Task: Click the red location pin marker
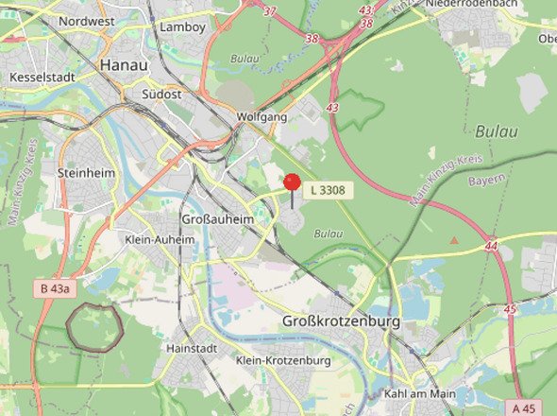pyautogui.click(x=293, y=183)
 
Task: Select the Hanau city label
pyautogui.click(x=123, y=66)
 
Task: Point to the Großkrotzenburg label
pyautogui.click(x=342, y=322)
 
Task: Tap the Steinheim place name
pyautogui.click(x=85, y=174)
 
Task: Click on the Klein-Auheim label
pyautogui.click(x=160, y=240)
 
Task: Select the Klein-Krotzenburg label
pyautogui.click(x=283, y=361)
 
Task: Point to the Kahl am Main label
pyautogui.click(x=420, y=393)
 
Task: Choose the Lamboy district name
pyautogui.click(x=183, y=27)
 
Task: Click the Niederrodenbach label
pyautogui.click(x=472, y=5)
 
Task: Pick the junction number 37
pyautogui.click(x=271, y=11)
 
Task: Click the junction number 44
pyautogui.click(x=490, y=246)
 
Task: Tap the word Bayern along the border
pyautogui.click(x=486, y=180)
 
